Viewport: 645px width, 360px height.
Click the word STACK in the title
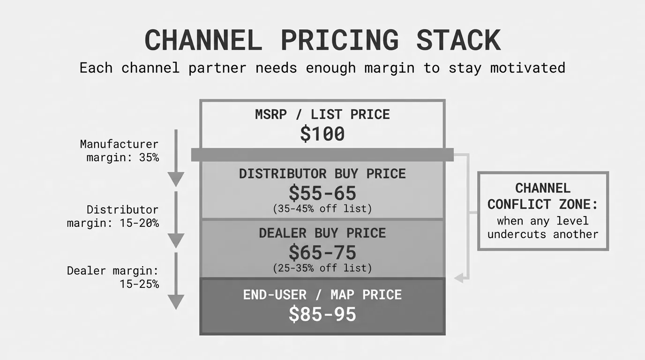pyautogui.click(x=458, y=40)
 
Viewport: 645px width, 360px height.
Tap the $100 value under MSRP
pyautogui.click(x=322, y=134)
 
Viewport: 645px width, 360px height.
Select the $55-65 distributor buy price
pyautogui.click(x=322, y=193)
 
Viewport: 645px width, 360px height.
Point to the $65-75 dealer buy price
pyautogui.click(x=322, y=252)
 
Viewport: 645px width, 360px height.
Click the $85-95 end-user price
pyautogui.click(x=322, y=314)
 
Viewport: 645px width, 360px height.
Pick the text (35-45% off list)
pyautogui.click(x=322, y=209)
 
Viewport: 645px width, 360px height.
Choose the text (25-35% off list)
pyautogui.click(x=322, y=268)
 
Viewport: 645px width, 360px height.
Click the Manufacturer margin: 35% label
pyautogui.click(x=119, y=150)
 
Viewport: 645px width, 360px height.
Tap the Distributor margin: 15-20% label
pyautogui.click(x=112, y=216)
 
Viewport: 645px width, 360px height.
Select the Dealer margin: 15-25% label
pyautogui.click(x=112, y=277)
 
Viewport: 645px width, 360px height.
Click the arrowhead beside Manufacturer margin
pyautogui.click(x=176, y=179)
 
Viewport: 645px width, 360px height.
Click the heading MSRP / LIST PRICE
pyautogui.click(x=322, y=114)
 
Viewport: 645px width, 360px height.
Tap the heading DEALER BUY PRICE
pyautogui.click(x=322, y=233)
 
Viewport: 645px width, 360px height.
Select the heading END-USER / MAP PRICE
pyautogui.click(x=322, y=295)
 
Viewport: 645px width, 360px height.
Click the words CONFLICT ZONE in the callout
pyautogui.click(x=543, y=204)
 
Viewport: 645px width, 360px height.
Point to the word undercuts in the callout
pyautogui.click(x=517, y=234)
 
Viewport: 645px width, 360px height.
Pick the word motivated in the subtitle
pyautogui.click(x=528, y=68)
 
